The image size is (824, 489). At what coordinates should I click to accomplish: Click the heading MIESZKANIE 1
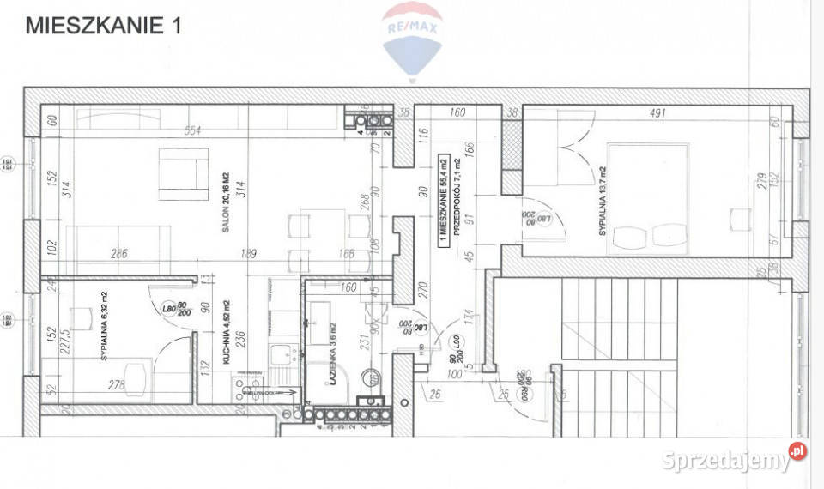pyautogui.click(x=104, y=26)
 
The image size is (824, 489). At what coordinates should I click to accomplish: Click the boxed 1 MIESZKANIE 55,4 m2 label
pyautogui.click(x=443, y=199)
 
